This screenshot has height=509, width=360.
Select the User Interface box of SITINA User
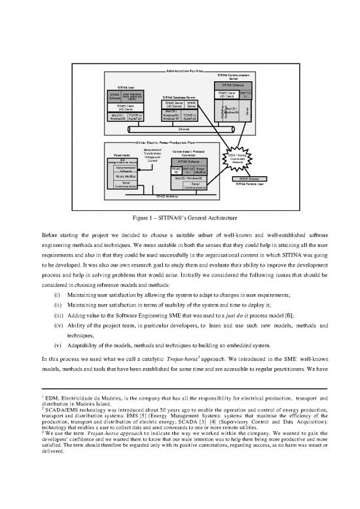[132, 96]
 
